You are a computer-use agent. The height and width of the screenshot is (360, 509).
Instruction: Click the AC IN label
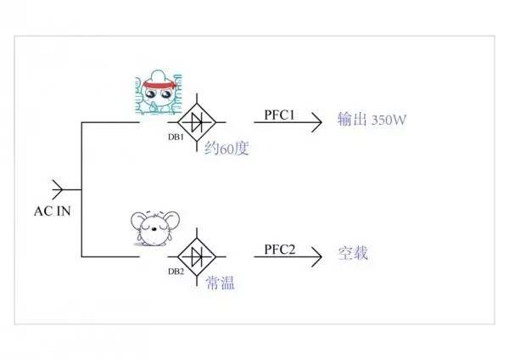(51, 211)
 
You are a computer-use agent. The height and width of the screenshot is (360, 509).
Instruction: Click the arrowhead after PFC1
(317, 122)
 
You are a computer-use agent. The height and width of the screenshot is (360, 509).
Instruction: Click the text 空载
(353, 253)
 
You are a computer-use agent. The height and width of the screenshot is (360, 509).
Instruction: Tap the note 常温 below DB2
(220, 282)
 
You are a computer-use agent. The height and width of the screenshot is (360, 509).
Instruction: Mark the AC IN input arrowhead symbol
(59, 188)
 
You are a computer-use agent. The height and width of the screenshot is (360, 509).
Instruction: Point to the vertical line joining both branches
(81, 188)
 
